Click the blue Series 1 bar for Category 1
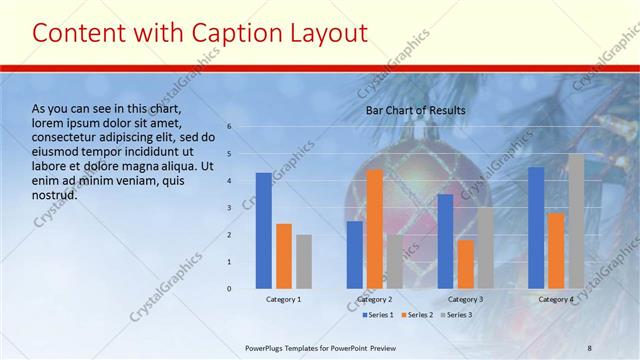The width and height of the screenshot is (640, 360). (263, 231)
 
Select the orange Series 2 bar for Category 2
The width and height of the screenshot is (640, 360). (374, 229)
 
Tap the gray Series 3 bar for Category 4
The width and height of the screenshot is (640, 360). (576, 221)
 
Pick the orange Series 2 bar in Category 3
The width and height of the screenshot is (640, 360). (465, 264)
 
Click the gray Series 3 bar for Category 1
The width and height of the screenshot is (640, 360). (304, 262)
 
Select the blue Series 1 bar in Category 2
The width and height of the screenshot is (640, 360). (354, 255)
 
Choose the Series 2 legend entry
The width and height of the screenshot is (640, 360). (416, 315)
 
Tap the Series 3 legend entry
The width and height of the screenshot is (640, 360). (455, 315)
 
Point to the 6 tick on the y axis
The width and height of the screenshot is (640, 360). (229, 127)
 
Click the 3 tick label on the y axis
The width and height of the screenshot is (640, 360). (229, 208)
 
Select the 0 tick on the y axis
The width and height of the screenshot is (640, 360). (229, 289)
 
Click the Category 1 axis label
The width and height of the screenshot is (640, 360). (283, 299)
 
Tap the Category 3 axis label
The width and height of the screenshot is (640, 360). (465, 299)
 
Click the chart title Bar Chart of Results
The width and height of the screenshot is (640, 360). (415, 110)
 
